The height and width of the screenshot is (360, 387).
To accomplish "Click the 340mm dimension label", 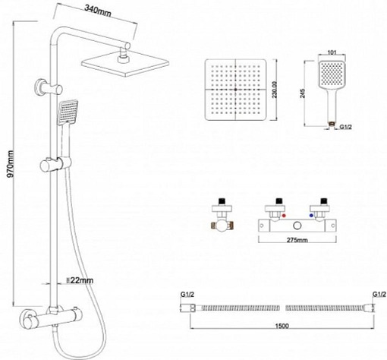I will [99, 11].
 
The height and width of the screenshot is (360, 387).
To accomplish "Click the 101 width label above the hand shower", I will [330, 54].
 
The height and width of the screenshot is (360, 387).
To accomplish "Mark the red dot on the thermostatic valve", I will [282, 216].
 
